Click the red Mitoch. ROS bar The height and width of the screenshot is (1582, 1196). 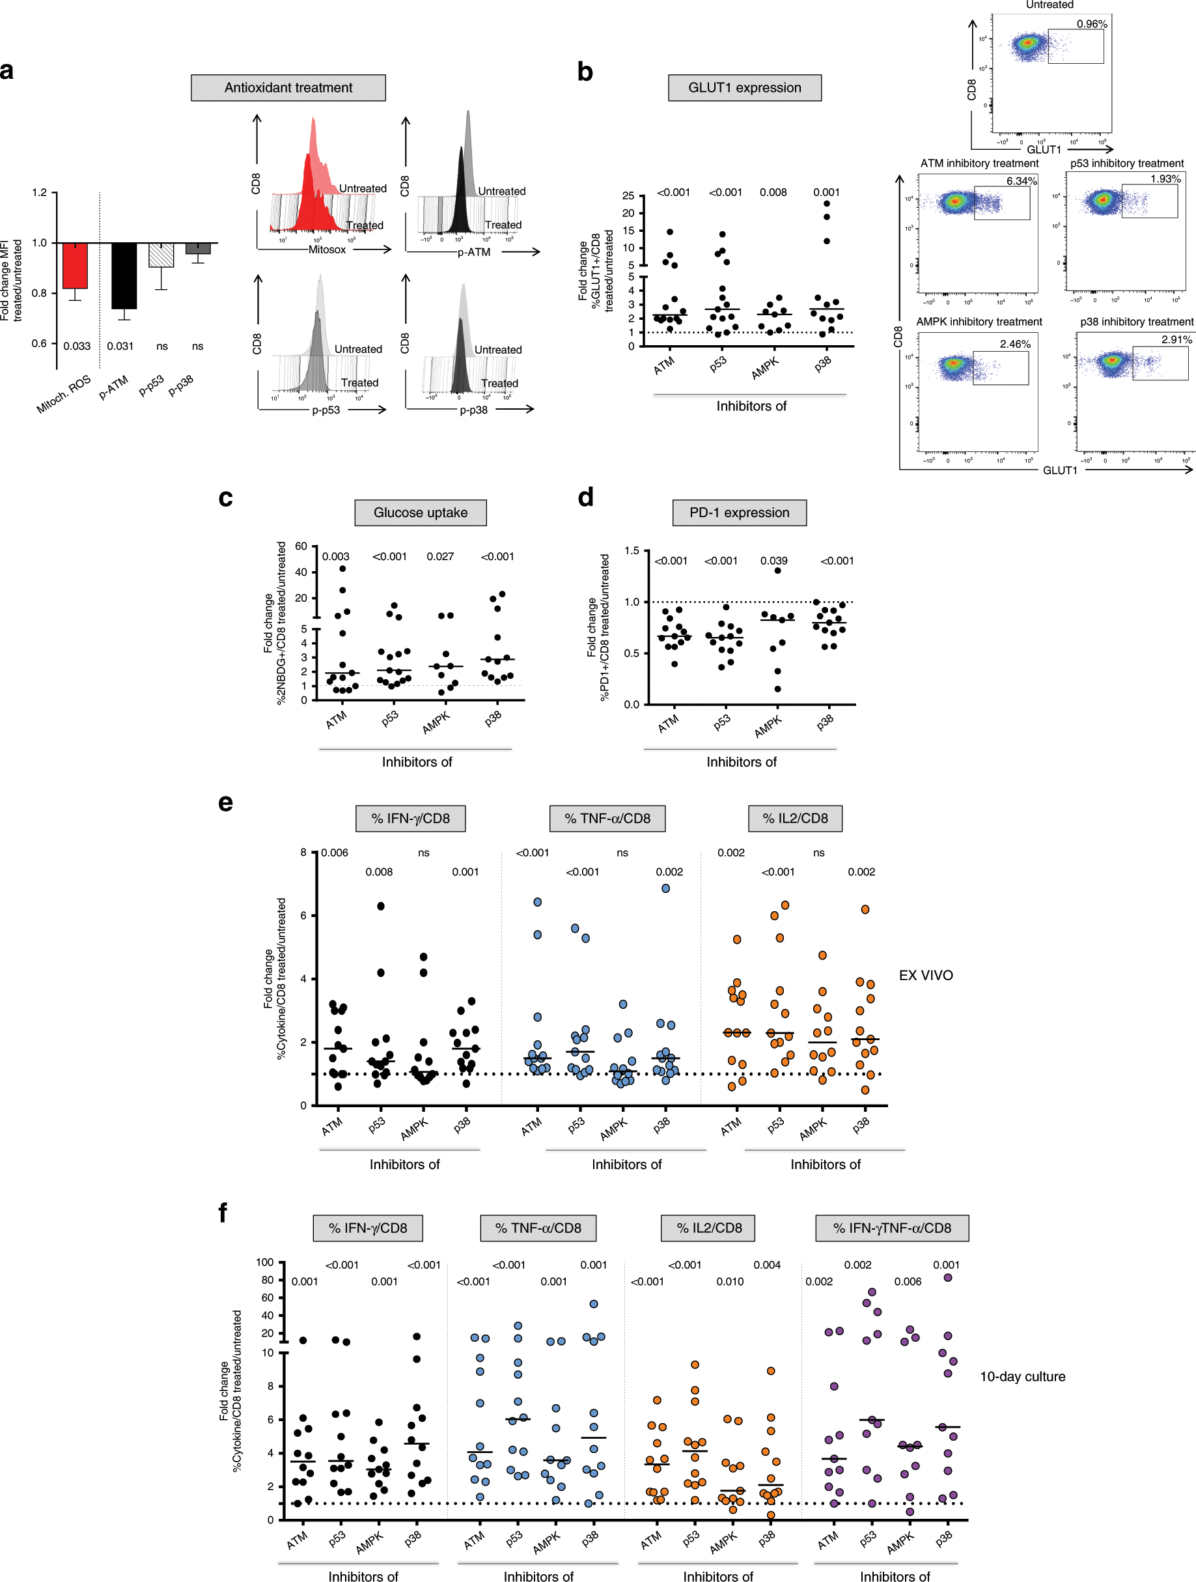[75, 266]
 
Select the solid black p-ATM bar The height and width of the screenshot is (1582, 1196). [124, 276]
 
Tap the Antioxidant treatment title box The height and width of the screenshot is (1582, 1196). [288, 88]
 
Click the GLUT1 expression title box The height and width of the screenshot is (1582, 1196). [744, 88]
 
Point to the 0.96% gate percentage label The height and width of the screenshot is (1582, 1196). [1092, 24]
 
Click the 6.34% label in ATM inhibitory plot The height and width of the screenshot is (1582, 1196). [1021, 181]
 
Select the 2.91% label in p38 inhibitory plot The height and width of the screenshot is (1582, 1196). [1176, 340]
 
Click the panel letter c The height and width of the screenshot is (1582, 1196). [225, 498]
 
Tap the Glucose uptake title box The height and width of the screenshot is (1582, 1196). [421, 513]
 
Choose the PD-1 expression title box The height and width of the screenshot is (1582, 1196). [739, 513]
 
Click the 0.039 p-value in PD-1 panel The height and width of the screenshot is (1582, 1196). [773, 561]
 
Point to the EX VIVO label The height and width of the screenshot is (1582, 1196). [926, 976]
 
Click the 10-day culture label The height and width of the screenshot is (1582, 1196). [1022, 1377]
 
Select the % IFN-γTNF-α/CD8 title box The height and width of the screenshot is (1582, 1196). [891, 1228]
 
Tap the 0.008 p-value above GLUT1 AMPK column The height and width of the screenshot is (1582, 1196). [773, 192]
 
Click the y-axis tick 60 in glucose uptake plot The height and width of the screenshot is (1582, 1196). [301, 546]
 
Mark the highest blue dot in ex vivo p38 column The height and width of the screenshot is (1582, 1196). [665, 888]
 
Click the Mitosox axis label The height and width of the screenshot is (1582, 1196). [327, 249]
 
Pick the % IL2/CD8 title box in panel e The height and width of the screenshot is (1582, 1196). [795, 818]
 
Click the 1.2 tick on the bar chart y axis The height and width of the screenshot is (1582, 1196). [39, 192]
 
